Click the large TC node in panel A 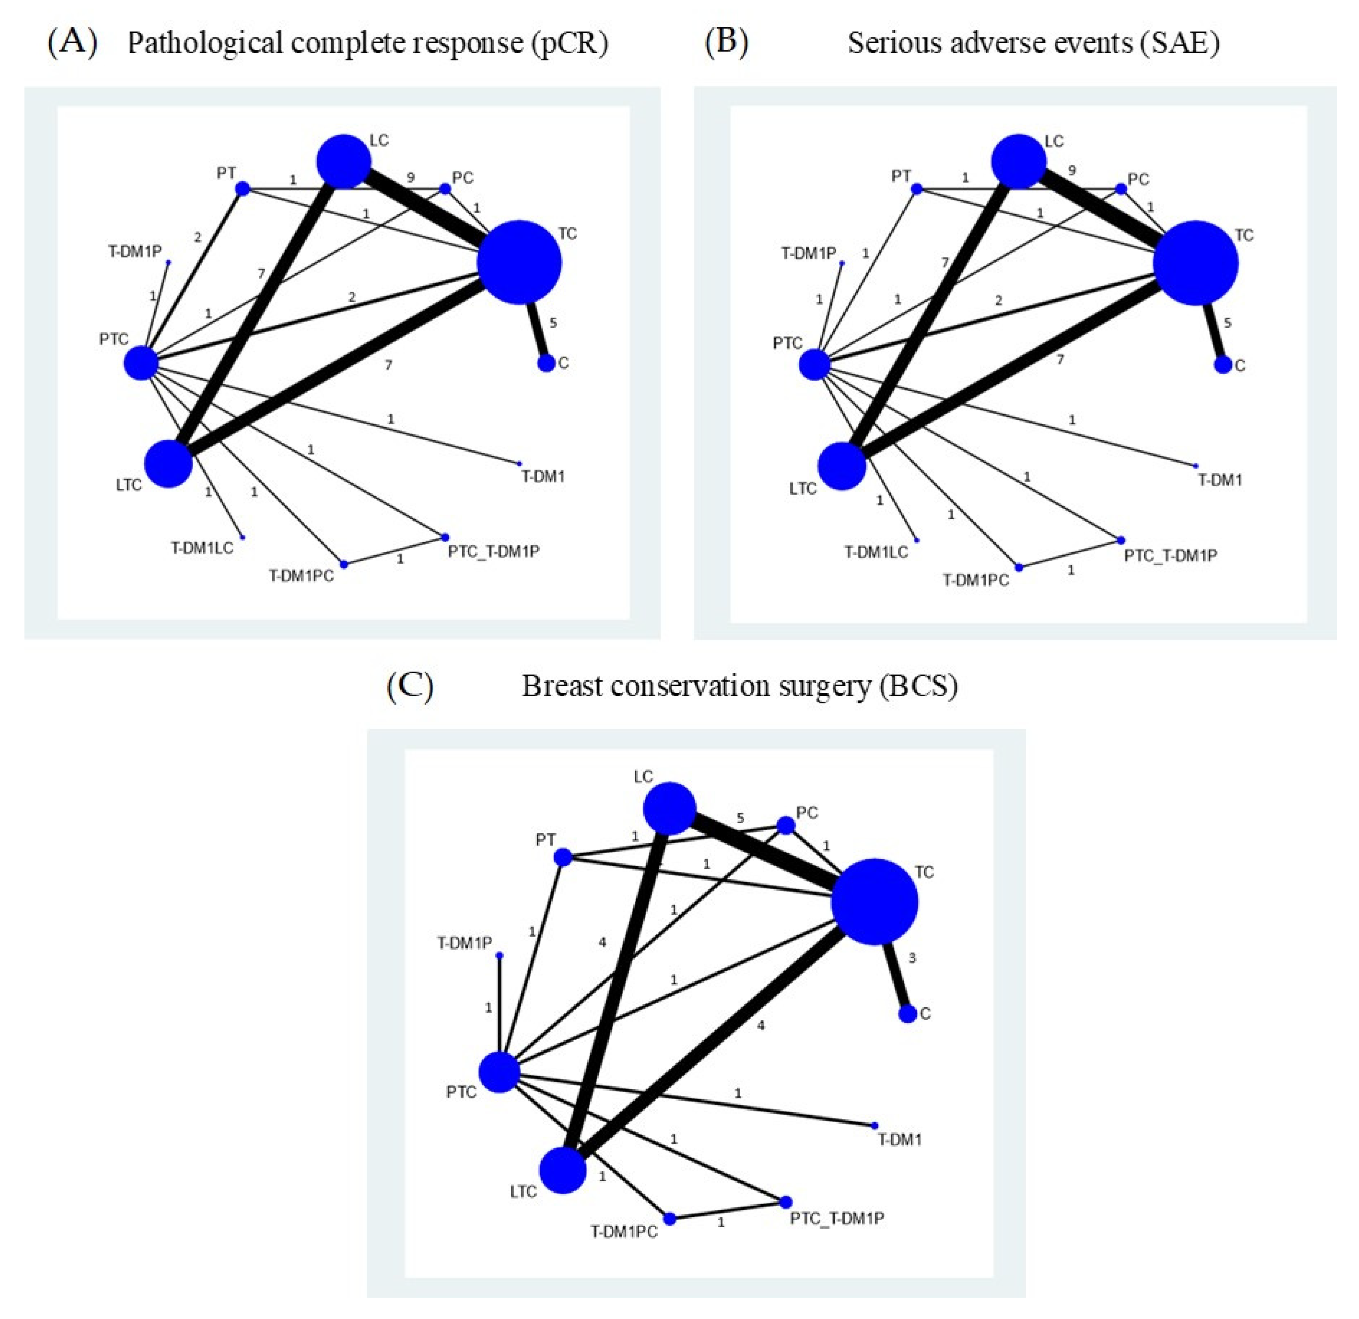(x=519, y=262)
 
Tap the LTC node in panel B (x=842, y=466)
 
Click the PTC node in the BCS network (x=499, y=1072)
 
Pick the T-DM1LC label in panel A (x=202, y=548)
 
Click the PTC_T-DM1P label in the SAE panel (x=1171, y=555)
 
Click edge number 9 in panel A (x=410, y=178)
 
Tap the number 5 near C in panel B (x=1227, y=323)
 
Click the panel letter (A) (x=72, y=43)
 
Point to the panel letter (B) (x=726, y=43)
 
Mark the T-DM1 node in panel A (x=519, y=463)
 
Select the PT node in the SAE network (x=917, y=189)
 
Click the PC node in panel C (x=785, y=825)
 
